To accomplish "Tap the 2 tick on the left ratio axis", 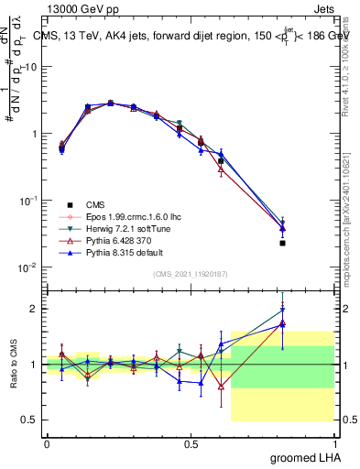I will pos(35,309).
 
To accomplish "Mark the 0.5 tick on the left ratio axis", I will pos(31,420).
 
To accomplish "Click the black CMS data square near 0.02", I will pos(308,244).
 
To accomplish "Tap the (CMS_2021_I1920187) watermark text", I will pos(191,275).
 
